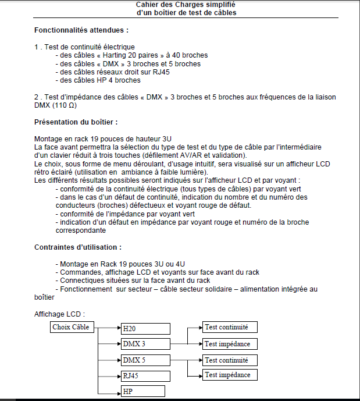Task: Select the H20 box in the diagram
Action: (145, 329)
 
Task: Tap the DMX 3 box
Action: (145, 344)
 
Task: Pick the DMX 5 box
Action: (145, 360)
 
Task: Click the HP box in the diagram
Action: (143, 391)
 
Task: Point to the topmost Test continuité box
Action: (230, 327)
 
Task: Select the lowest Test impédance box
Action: (230, 375)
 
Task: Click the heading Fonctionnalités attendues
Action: (81, 30)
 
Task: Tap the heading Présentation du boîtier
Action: (76, 122)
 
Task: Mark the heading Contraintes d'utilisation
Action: (78, 247)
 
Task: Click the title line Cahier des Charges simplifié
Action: (186, 5)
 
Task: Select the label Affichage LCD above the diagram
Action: (59, 314)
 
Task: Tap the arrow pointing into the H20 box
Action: (116, 329)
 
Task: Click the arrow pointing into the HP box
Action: (116, 391)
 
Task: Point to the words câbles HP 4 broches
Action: (108, 80)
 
